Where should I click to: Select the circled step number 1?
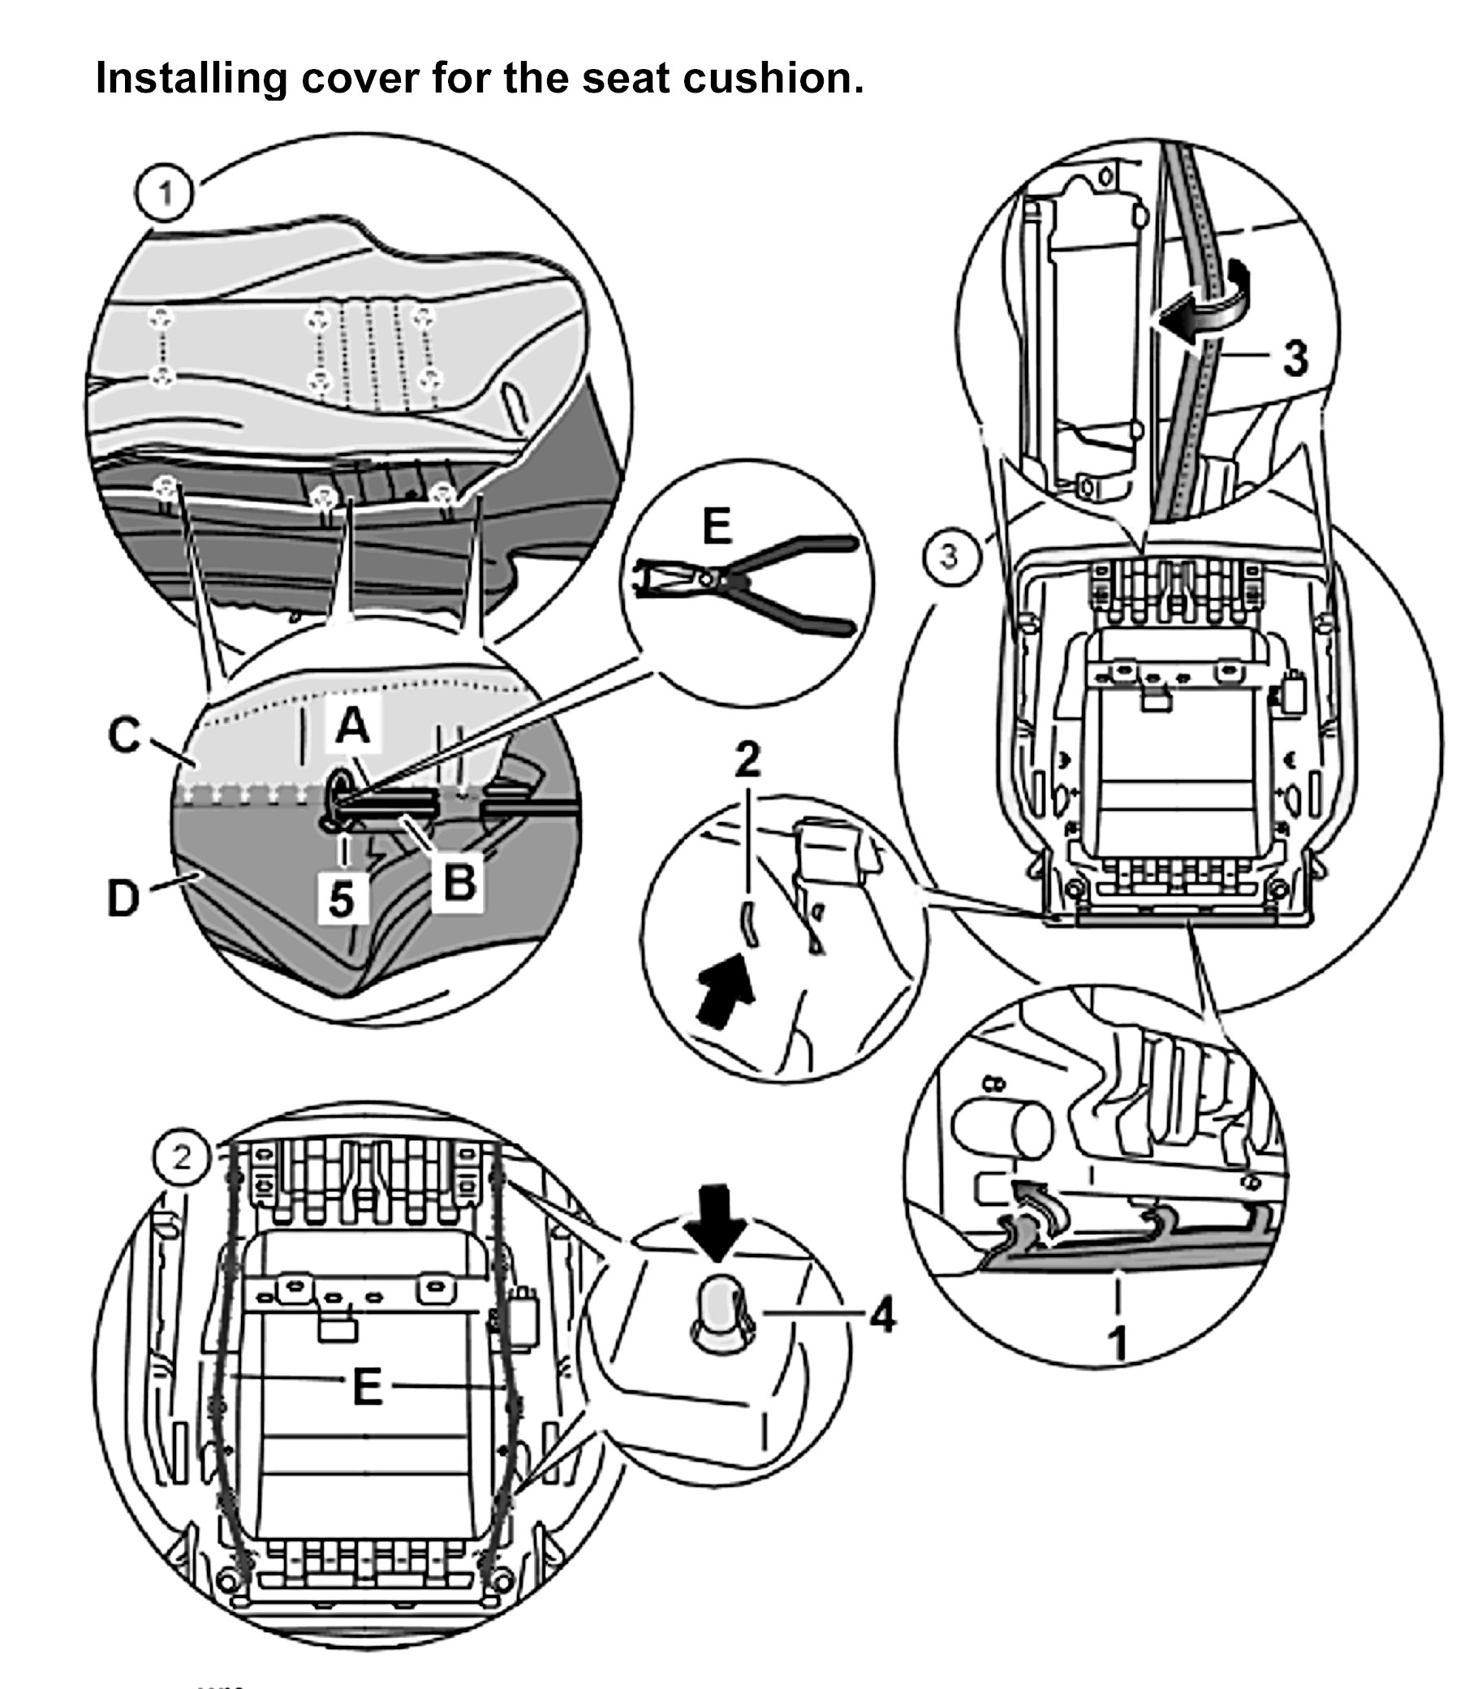pos(165,195)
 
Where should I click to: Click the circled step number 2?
pos(181,1157)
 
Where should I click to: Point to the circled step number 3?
pos(948,557)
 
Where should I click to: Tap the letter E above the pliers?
pos(717,528)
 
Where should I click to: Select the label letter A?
pos(352,726)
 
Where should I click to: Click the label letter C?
pos(125,735)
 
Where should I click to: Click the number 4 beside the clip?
pos(882,1316)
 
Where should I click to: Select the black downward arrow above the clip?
pos(717,1229)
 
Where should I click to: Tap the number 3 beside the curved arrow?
pos(1295,357)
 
